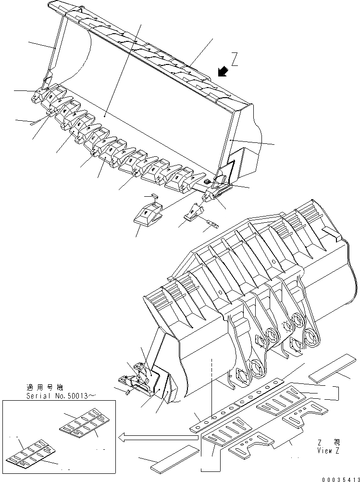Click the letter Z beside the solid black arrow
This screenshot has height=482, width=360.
pyautogui.click(x=234, y=60)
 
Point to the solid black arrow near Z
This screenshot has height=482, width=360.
pyautogui.click(x=222, y=72)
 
